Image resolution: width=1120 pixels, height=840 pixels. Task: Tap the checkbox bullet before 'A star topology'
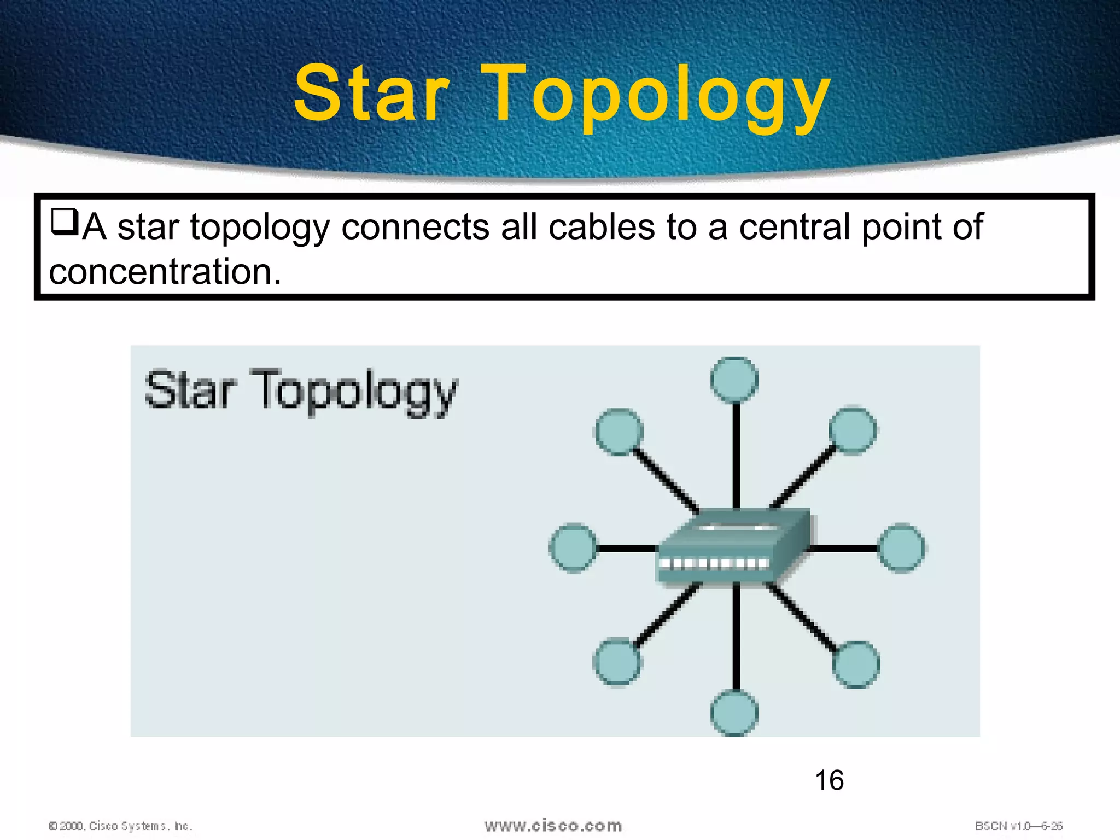point(65,223)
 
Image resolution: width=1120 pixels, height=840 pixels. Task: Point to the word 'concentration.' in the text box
point(165,272)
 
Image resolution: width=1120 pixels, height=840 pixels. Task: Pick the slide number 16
point(829,780)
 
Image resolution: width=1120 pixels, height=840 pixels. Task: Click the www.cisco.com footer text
point(553,825)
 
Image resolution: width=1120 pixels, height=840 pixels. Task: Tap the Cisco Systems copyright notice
point(120,826)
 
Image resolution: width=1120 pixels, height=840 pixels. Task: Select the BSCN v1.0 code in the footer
point(1018,826)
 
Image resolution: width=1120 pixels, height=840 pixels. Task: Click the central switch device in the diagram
point(733,547)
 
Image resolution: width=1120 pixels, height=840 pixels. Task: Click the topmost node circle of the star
point(734,380)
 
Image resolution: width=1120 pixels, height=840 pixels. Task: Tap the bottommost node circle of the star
point(734,713)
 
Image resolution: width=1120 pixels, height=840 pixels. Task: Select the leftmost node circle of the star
point(573,548)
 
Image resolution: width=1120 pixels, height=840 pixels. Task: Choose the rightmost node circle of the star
point(901,548)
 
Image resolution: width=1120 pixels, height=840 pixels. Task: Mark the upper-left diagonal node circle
point(618,431)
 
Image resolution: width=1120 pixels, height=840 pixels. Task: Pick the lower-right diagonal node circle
point(856,664)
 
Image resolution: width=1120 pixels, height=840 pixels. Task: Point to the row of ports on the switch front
point(714,564)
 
